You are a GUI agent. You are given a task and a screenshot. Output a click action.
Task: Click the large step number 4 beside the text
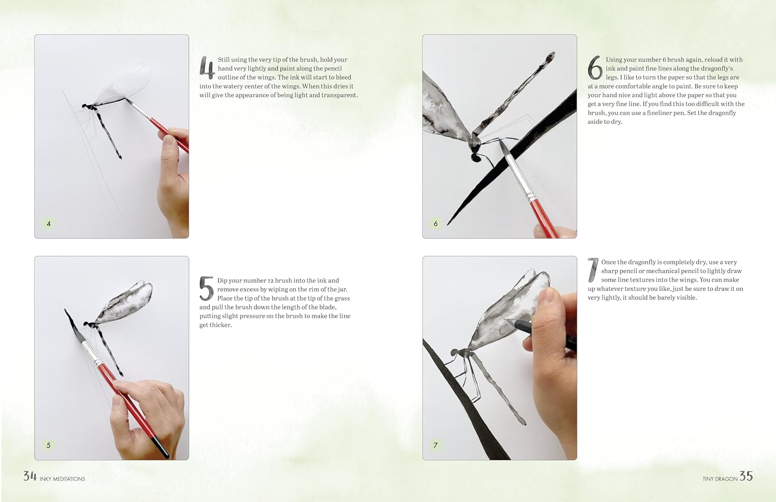point(207,68)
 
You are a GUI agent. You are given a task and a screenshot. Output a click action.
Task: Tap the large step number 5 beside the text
point(206,289)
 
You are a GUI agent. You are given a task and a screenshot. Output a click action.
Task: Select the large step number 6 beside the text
point(595,68)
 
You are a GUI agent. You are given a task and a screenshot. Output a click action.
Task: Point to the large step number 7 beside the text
point(593,270)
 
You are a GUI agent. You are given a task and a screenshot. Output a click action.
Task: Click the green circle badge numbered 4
point(49,224)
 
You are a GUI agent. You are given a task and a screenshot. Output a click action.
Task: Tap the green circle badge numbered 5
point(49,445)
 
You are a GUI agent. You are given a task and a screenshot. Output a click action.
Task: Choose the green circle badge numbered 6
point(436,224)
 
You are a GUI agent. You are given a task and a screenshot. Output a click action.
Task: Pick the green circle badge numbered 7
point(436,445)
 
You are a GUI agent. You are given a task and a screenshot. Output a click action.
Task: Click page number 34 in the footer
point(30,476)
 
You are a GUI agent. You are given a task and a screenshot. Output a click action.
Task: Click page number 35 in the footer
point(746,476)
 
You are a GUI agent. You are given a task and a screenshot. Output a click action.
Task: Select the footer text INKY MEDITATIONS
point(63,479)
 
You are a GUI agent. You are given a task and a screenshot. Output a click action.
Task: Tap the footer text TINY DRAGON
point(720,479)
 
